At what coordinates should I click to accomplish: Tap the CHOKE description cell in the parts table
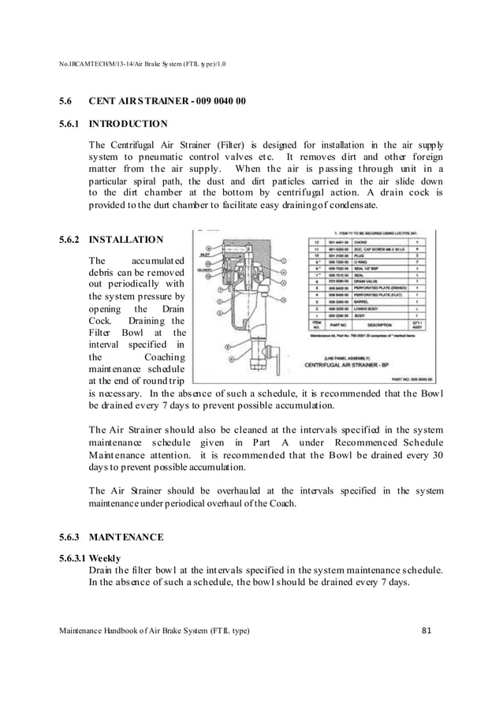tap(363, 242)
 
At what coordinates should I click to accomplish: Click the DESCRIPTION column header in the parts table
tap(377, 324)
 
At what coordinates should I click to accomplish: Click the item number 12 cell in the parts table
tap(317, 242)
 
